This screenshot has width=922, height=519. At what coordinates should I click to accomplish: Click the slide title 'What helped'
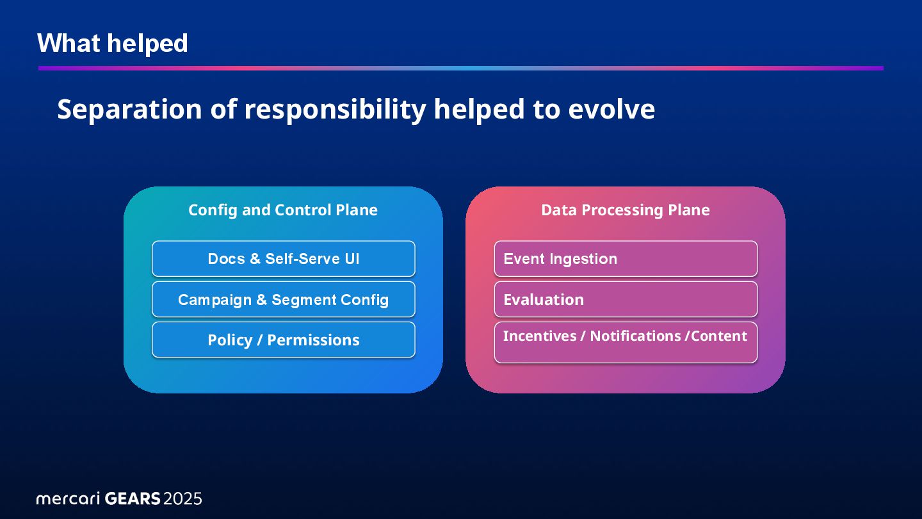113,43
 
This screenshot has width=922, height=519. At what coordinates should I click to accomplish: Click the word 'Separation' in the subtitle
129,109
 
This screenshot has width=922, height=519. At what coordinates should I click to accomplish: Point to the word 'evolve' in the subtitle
611,109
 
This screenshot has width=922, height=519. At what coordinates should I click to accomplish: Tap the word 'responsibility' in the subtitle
335,110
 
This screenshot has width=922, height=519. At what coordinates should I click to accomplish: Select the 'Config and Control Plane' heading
283,210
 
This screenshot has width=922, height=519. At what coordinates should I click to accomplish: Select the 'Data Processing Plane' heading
626,210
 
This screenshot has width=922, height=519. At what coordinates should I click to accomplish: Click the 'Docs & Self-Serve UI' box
284,259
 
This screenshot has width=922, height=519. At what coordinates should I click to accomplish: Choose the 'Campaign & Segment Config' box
284,299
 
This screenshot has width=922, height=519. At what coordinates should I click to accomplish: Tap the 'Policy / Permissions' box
284,340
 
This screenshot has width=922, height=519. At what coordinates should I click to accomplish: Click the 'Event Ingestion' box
626,259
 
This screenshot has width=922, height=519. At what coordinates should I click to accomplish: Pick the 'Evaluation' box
626,299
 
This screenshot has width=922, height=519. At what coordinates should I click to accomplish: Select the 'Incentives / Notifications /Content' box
626,342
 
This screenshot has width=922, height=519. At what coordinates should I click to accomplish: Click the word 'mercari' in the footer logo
68,499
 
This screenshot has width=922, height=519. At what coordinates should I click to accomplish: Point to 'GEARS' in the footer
133,498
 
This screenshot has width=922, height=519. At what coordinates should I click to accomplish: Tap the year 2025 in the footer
182,498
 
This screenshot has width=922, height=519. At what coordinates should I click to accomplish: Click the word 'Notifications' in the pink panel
635,336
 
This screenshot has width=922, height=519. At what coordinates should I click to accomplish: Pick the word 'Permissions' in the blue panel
313,340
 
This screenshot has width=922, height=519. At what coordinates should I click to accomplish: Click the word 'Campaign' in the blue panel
214,300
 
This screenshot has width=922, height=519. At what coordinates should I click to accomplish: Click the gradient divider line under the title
461,69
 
